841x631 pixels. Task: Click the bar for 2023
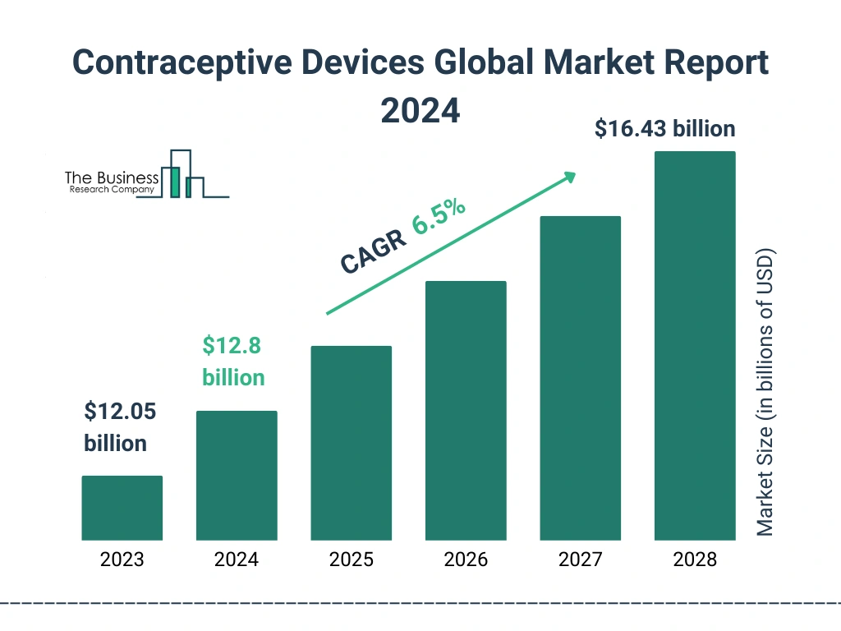(x=122, y=508)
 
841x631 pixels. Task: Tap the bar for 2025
(x=351, y=443)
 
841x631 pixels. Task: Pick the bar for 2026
(x=466, y=411)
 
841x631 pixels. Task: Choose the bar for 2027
(x=580, y=378)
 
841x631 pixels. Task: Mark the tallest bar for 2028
(x=695, y=346)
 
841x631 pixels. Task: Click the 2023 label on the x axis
(x=122, y=560)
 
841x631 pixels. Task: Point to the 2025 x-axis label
(x=351, y=560)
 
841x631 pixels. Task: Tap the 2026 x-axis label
(x=466, y=560)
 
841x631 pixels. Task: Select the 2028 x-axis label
(x=695, y=560)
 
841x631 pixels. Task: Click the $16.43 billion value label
(x=664, y=129)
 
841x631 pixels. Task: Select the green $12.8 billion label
(x=233, y=362)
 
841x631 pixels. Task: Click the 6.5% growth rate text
(x=439, y=216)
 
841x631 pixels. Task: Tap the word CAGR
(x=373, y=252)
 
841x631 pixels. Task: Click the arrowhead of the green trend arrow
(x=569, y=177)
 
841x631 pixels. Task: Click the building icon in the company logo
(x=184, y=175)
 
